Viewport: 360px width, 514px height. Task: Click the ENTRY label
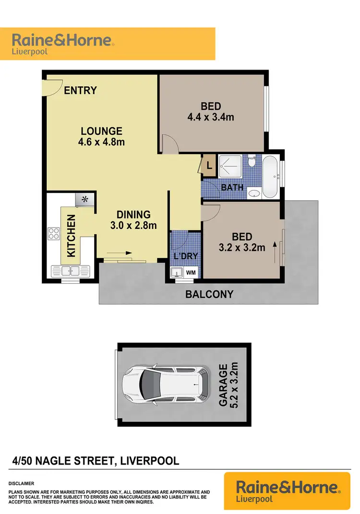[x=80, y=90]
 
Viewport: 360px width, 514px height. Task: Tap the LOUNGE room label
[x=101, y=131]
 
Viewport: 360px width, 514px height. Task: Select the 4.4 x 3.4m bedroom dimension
[x=211, y=117]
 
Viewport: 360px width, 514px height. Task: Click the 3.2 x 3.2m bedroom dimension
[x=242, y=248]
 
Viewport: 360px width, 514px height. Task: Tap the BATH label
[x=232, y=188]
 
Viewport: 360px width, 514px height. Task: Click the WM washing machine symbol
[x=191, y=273]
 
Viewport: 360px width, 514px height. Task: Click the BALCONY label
[x=209, y=294]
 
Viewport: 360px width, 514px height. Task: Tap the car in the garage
[x=166, y=383]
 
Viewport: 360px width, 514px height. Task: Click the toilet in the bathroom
[x=251, y=161]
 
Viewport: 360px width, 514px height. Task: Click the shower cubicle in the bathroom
[x=232, y=166]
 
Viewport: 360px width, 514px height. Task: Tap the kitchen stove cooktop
[x=53, y=235]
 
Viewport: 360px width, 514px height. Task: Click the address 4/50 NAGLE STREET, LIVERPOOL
[x=96, y=461]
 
